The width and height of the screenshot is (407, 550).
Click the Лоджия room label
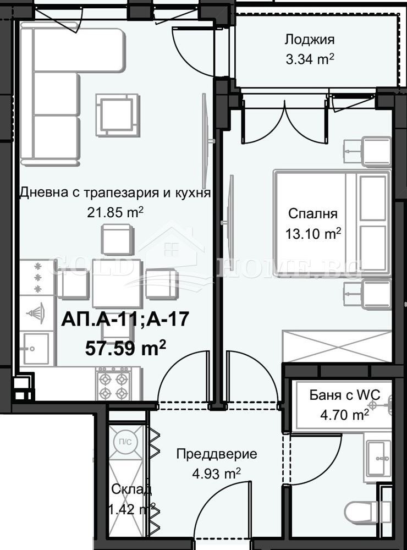(310, 40)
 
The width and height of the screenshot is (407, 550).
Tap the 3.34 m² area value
(310, 58)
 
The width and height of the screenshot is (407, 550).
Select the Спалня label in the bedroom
(313, 214)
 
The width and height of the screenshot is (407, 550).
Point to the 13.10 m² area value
(313, 233)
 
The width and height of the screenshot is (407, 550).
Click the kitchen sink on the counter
(35, 348)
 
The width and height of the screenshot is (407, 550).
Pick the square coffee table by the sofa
(117, 114)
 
